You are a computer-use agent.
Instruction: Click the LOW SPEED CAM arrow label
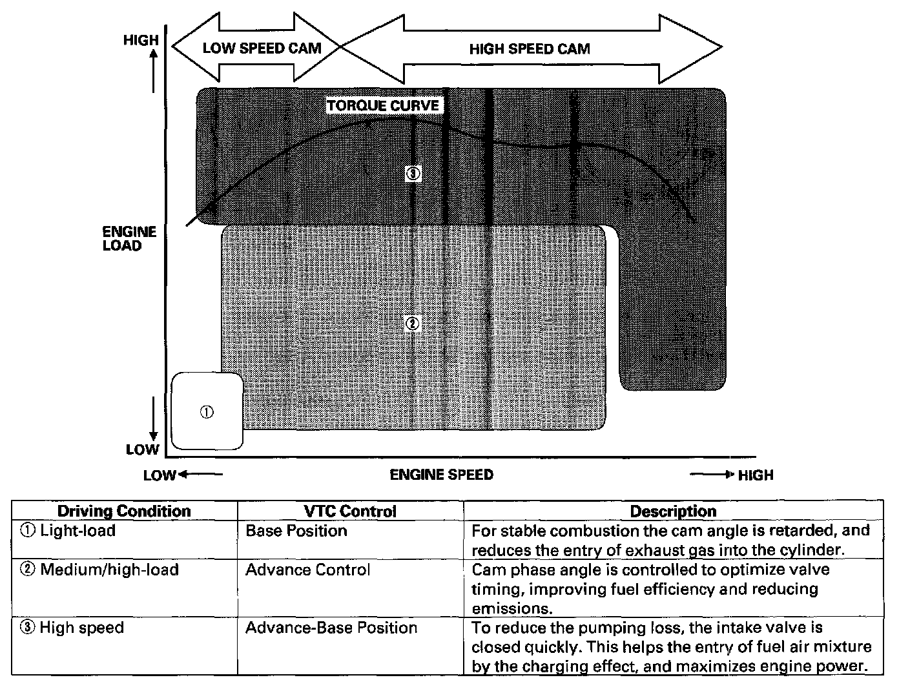(x=262, y=48)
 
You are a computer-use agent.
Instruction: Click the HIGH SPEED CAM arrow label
(x=529, y=48)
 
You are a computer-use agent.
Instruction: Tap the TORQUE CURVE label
(x=383, y=105)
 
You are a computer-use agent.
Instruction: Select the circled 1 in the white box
(x=207, y=412)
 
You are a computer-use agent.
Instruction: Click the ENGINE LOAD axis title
(x=129, y=238)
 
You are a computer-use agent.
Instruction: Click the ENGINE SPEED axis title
(x=441, y=475)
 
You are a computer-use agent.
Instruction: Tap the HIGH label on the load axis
(x=141, y=40)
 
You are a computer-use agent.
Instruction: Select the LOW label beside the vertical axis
(x=142, y=449)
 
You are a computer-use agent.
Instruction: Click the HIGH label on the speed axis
(x=755, y=475)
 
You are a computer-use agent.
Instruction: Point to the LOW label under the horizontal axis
(x=160, y=475)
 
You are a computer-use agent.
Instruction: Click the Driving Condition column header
(x=124, y=511)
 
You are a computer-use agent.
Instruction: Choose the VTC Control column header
(x=350, y=511)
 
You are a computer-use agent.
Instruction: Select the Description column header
(x=673, y=511)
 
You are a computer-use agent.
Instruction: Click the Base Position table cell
(x=296, y=531)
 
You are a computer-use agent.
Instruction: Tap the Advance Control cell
(x=307, y=570)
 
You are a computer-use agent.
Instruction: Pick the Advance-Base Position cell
(x=331, y=628)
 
